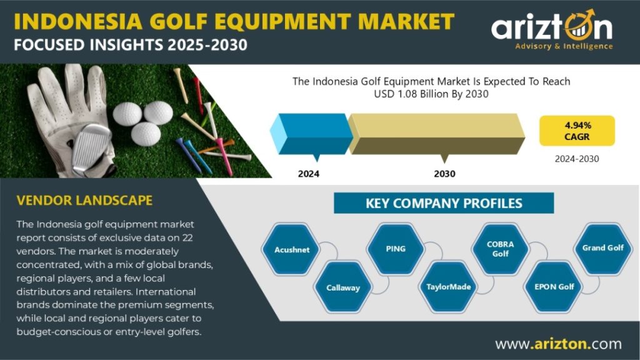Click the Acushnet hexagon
click(x=292, y=249)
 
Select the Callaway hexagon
click(x=343, y=287)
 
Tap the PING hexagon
click(x=396, y=249)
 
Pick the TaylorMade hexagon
click(x=448, y=287)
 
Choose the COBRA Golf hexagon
click(x=501, y=249)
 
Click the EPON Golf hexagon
click(x=554, y=287)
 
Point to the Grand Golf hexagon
click(x=603, y=247)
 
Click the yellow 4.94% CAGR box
click(x=577, y=131)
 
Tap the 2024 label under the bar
click(x=309, y=174)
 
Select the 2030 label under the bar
click(x=444, y=174)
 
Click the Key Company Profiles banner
click(x=444, y=203)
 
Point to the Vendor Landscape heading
click(x=84, y=201)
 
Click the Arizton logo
click(x=552, y=31)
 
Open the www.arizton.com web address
click(x=558, y=344)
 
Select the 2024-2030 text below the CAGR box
click(x=577, y=159)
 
